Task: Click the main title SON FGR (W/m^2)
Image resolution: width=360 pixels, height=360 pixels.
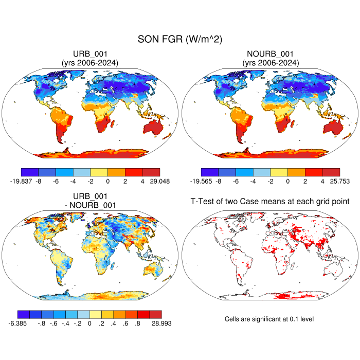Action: (x=179, y=40)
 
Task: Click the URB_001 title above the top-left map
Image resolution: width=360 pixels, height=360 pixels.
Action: (x=90, y=53)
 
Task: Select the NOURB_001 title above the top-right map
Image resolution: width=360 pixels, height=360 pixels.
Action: (x=270, y=53)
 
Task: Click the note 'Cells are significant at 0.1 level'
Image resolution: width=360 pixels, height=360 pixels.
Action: (x=269, y=319)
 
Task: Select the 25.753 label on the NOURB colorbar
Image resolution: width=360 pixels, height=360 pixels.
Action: (x=339, y=181)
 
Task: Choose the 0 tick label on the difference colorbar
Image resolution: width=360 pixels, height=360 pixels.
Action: (x=89, y=323)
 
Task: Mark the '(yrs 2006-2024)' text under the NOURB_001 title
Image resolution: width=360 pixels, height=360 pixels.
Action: (x=270, y=63)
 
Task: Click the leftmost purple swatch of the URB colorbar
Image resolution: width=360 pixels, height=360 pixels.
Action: (x=29, y=172)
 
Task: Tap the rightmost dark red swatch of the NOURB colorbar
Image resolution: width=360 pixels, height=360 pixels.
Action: (x=331, y=172)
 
